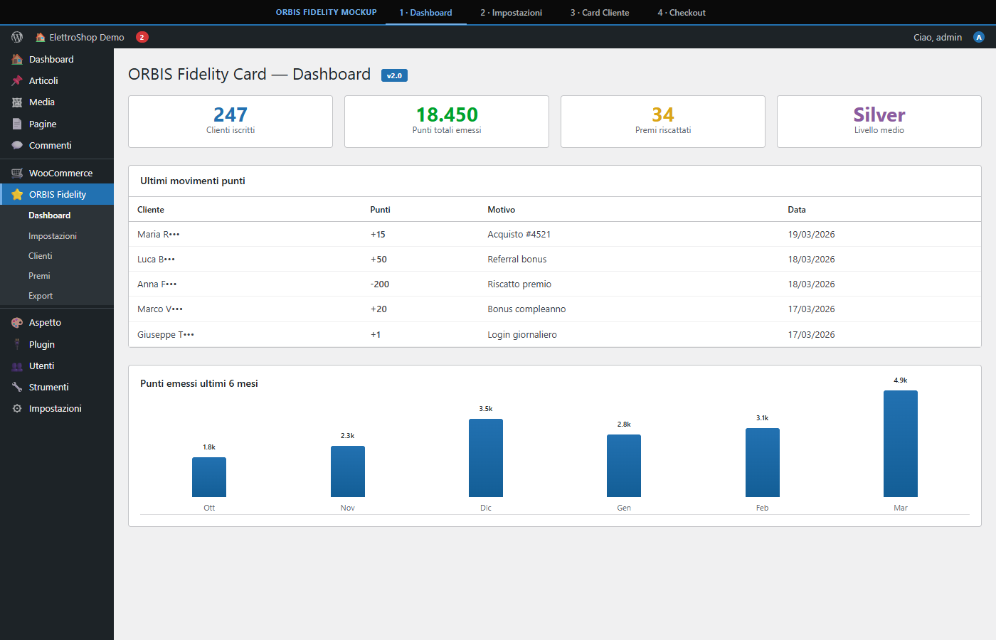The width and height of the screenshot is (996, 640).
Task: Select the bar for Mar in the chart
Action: [900, 444]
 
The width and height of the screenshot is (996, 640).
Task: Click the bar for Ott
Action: [209, 477]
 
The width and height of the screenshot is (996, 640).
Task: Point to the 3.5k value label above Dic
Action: [486, 409]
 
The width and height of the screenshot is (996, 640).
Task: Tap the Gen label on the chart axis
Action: [624, 508]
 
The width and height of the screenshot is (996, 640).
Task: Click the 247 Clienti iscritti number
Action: [231, 114]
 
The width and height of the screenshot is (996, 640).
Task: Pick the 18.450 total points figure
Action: [447, 114]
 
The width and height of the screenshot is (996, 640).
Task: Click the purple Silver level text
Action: [879, 114]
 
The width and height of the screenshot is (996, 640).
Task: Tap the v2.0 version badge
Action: [394, 75]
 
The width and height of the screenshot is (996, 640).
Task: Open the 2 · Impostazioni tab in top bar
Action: [511, 13]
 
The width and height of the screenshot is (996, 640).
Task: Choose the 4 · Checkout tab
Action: [682, 13]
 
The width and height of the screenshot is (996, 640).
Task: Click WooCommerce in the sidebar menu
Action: [60, 173]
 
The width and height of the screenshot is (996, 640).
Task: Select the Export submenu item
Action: [41, 296]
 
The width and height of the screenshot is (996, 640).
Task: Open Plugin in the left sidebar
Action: [42, 344]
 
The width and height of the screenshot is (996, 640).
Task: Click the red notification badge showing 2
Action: [142, 37]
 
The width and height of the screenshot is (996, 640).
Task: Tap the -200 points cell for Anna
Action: [380, 284]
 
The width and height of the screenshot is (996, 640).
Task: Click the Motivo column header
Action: [502, 210]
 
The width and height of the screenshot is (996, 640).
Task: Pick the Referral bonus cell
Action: [517, 260]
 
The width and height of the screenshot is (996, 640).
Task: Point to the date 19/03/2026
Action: [811, 235]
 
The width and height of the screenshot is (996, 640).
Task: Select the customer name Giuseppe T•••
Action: [166, 335]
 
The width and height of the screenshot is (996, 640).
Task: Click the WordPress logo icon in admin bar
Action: [17, 37]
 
